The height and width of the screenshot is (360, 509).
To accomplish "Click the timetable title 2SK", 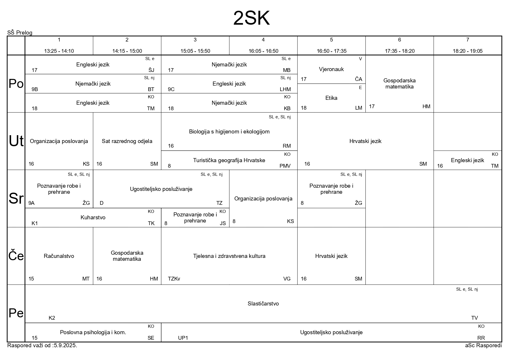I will click(251, 19).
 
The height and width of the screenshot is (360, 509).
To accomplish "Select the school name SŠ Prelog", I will click(20, 33).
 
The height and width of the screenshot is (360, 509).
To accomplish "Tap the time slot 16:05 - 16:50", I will click(263, 51).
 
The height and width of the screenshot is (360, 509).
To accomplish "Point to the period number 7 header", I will click(468, 40).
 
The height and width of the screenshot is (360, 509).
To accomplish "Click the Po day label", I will click(16, 84).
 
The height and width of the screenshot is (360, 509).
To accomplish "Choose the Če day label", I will click(16, 256).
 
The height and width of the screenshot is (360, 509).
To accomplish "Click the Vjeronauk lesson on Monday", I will click(331, 69).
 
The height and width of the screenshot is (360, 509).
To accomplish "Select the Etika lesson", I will click(331, 98).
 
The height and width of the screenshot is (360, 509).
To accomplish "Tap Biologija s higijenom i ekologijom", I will click(229, 132).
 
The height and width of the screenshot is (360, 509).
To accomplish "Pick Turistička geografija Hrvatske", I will click(229, 160).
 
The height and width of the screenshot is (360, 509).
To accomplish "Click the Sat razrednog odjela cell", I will click(127, 141).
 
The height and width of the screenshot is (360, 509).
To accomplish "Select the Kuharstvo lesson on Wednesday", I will click(93, 218).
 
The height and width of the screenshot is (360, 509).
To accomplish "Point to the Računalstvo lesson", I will click(59, 256).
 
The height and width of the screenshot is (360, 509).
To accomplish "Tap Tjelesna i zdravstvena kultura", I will click(229, 256).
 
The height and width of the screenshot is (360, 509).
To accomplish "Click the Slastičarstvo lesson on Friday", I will click(263, 304).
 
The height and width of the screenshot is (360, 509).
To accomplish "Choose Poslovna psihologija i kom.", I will click(93, 332).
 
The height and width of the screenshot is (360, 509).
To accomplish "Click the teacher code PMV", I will click(285, 166).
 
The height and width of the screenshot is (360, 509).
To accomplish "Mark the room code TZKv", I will click(174, 279).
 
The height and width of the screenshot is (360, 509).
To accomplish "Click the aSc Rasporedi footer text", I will click(483, 345).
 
